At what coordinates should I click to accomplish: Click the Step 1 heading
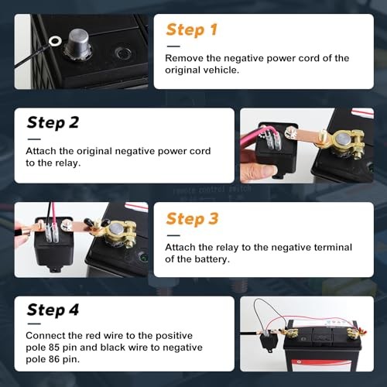tap(191, 30)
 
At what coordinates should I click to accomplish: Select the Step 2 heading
tap(52, 122)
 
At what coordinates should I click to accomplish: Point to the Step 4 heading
tap(52, 310)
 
